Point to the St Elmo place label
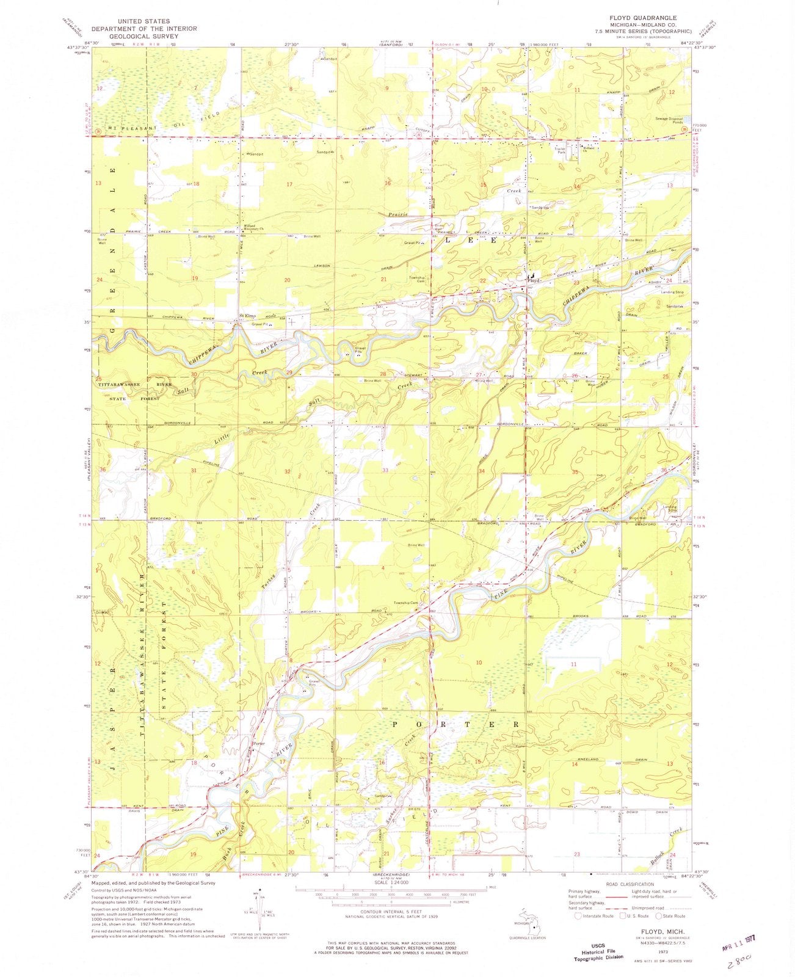coord(246,316)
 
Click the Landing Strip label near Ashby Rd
coord(672,292)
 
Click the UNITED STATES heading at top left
coord(144,21)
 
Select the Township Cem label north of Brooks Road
coord(405,603)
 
